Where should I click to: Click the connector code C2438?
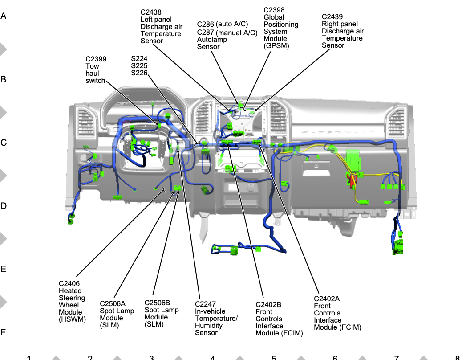[151, 12]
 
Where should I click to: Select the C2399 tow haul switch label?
[96, 70]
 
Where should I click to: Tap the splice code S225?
[139, 65]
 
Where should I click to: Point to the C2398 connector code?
[274, 10]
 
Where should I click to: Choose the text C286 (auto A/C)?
[223, 24]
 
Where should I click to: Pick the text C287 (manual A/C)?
[227, 32]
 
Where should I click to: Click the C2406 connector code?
[69, 283]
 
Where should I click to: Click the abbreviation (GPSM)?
[276, 45]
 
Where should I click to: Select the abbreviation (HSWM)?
[72, 319]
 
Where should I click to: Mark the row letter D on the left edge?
[3, 206]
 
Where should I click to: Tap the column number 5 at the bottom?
[274, 357]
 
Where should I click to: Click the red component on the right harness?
[351, 180]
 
